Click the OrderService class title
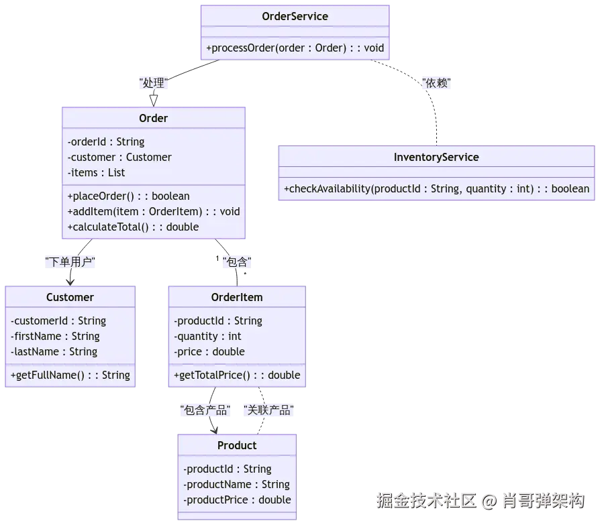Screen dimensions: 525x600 coord(295,16)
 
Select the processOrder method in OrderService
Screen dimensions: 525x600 coord(295,48)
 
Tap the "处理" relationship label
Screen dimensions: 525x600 coord(154,83)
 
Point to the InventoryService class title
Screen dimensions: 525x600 coord(436,157)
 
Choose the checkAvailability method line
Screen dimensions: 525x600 coord(436,189)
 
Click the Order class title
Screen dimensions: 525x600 coord(153,118)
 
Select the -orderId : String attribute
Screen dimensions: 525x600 coord(106,141)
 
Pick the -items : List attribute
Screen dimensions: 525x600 coord(96,172)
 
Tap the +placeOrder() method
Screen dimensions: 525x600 coord(128,196)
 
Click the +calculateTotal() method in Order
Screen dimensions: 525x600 coord(133,227)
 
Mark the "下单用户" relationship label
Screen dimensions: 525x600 coord(70,261)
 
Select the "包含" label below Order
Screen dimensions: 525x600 coord(236,261)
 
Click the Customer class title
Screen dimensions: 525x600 coord(70,297)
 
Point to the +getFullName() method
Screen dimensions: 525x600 coord(70,375)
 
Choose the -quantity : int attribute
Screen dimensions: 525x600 coord(207,336)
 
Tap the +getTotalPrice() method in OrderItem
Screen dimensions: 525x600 coord(237,375)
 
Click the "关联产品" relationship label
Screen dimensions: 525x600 coord(268,410)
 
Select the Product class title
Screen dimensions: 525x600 coord(237,445)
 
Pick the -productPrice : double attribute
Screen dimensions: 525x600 coord(237,500)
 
